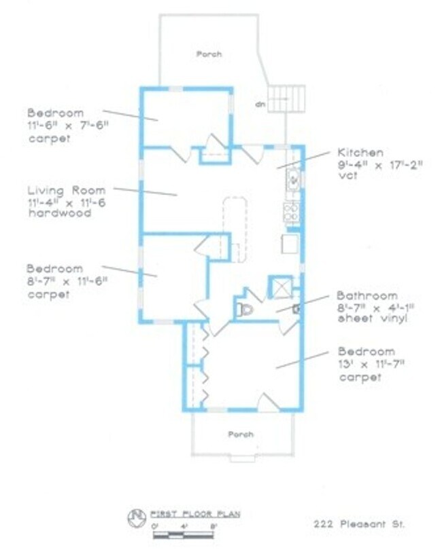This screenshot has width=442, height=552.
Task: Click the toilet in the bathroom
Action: (246, 310)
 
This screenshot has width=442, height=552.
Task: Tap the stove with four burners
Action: (292, 212)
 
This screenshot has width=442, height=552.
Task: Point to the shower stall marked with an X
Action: (279, 287)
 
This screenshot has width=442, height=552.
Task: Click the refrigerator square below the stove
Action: (290, 243)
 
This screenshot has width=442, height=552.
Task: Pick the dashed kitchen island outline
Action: (233, 229)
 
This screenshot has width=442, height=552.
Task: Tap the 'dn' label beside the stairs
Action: (259, 105)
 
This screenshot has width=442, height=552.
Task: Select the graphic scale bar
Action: (184, 534)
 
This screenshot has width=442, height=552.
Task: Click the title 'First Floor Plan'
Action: (194, 514)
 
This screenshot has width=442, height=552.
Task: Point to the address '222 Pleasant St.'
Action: (358, 524)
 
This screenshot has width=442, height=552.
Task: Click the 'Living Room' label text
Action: (67, 191)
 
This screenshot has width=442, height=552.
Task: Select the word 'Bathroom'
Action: (367, 296)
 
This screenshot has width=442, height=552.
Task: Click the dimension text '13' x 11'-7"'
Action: (371, 365)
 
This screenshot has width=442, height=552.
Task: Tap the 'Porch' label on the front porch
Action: (241, 434)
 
